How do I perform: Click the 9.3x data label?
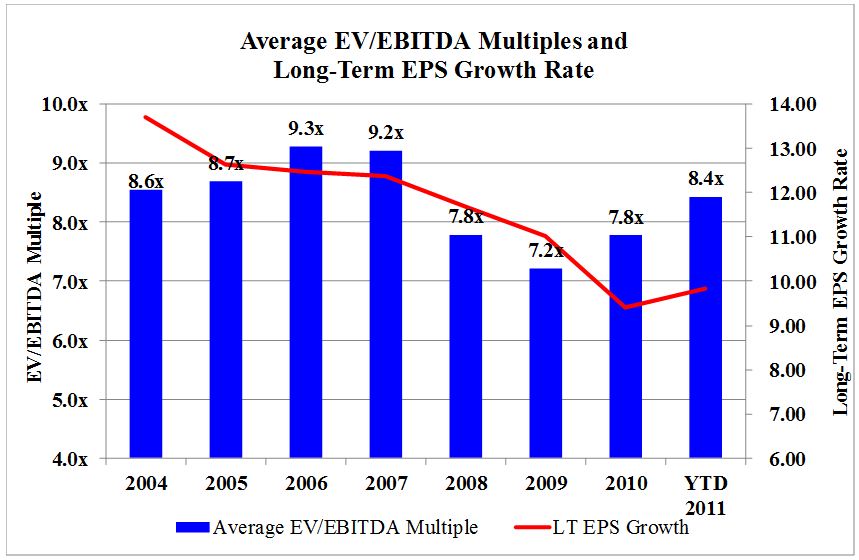(306, 129)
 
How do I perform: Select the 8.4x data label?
(705, 180)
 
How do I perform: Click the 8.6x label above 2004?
(146, 182)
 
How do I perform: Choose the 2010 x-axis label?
(626, 484)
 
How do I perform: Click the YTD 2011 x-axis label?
(705, 495)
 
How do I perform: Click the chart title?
(433, 56)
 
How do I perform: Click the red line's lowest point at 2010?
(626, 307)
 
